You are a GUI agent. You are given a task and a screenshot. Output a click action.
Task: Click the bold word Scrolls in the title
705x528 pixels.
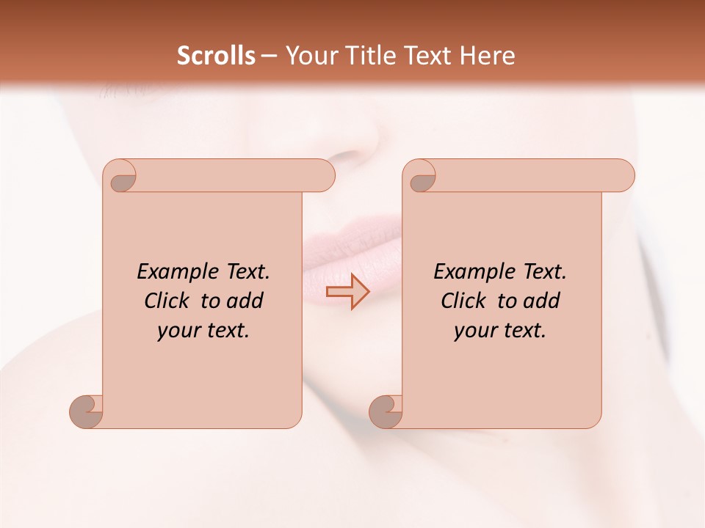click(x=216, y=56)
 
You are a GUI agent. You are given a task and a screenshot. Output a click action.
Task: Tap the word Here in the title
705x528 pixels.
click(x=488, y=56)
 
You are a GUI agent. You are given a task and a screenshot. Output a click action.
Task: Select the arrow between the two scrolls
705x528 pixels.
click(x=347, y=292)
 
